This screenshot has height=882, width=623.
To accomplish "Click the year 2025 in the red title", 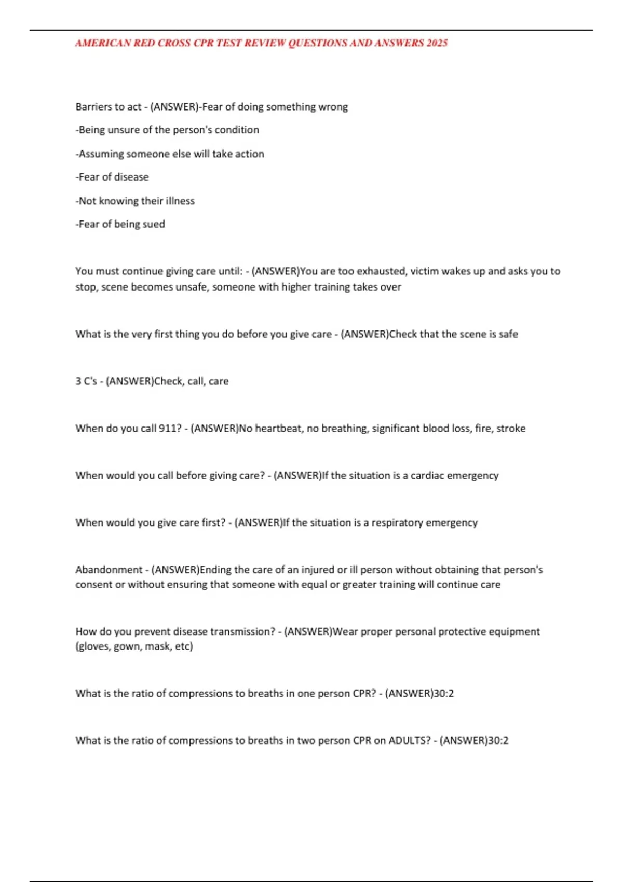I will [x=437, y=43].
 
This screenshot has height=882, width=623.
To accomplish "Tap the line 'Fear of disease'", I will [x=112, y=177].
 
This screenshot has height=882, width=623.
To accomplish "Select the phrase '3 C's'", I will [x=86, y=381].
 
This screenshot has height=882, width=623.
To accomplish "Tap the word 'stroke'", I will [x=511, y=429].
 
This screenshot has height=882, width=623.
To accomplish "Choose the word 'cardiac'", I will [x=427, y=476].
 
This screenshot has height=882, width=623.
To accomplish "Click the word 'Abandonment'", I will [x=109, y=570].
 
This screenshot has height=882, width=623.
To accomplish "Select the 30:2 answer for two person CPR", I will [x=498, y=741].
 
